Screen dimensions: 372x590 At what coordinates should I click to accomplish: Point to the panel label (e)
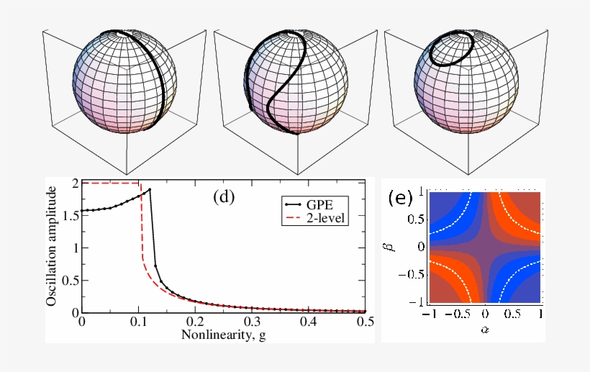399,198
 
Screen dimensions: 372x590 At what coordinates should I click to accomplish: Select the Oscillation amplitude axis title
52,246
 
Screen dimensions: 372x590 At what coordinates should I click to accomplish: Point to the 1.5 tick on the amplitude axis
69,215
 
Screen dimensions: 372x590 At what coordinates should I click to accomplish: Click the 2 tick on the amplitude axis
73,183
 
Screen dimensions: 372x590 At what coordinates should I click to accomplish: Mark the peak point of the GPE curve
149,190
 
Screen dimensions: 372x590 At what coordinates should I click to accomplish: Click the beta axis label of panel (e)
403,248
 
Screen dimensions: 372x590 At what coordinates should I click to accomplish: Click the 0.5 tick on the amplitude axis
69,280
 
